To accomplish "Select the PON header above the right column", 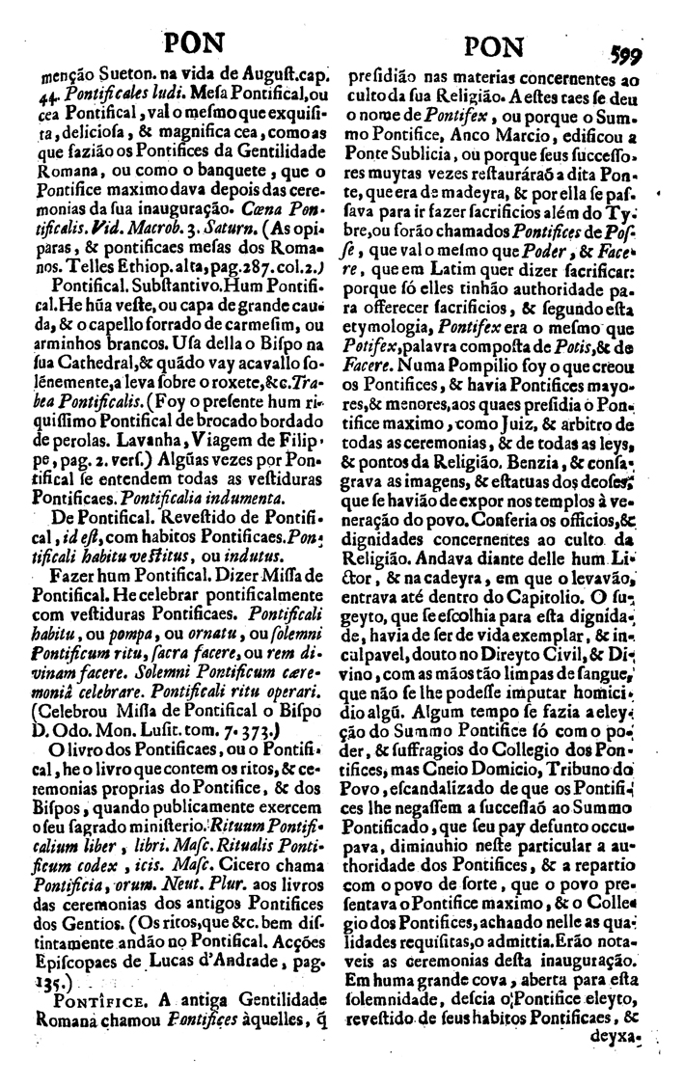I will [494, 46].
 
